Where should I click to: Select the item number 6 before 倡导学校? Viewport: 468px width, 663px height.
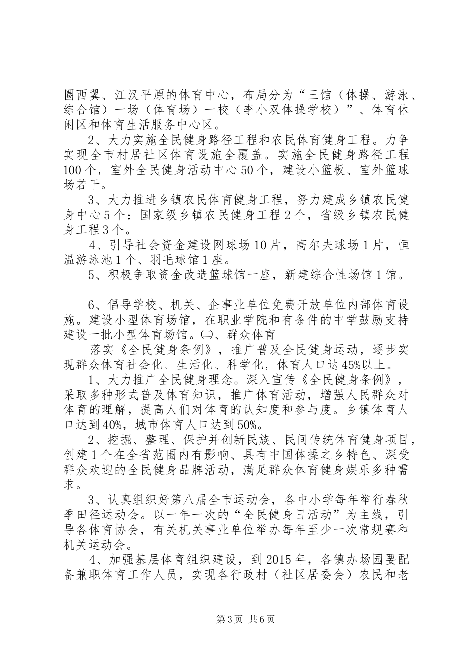[x=91, y=304]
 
